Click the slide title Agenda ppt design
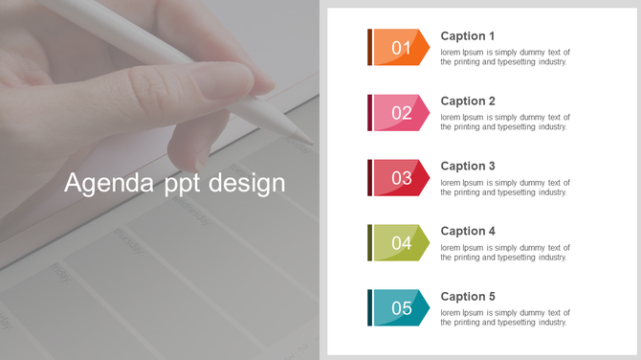pos(175,182)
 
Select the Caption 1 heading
pos(468,36)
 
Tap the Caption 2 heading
pos(468,101)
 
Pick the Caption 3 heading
pos(468,167)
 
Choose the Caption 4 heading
pos(468,232)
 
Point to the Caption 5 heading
pos(468,297)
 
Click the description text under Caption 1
pos(504,56)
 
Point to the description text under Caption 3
pos(504,187)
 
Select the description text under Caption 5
pos(504,317)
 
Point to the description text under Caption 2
pos(504,122)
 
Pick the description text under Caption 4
pos(504,252)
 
